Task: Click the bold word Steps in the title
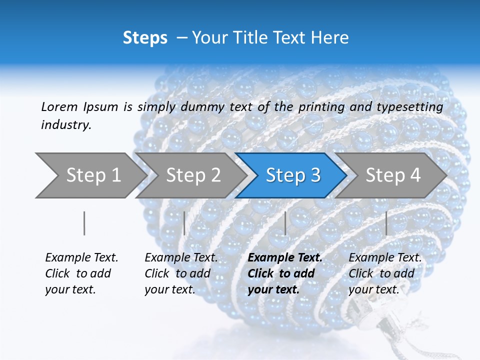(145, 38)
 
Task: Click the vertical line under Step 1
(84, 223)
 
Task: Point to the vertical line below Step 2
(184, 223)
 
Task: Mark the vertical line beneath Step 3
(285, 223)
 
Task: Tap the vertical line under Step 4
(386, 223)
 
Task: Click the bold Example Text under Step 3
(285, 273)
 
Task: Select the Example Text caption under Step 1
(81, 273)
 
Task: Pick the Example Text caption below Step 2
(181, 273)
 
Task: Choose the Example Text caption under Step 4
(385, 273)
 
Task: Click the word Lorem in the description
(59, 106)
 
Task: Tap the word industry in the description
(66, 125)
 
